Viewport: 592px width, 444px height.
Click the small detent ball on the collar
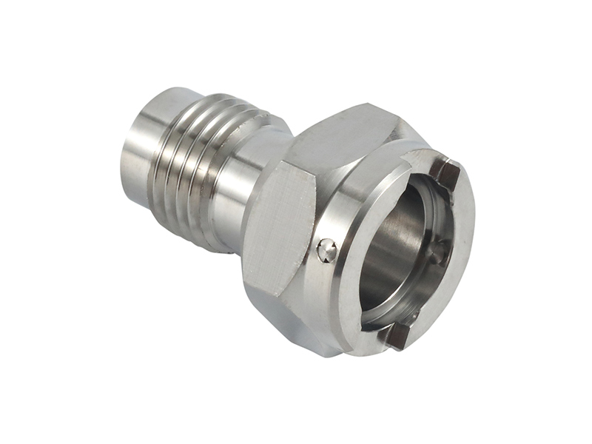click(x=326, y=251)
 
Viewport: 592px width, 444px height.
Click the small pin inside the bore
click(x=437, y=252)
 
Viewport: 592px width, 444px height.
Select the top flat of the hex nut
click(x=340, y=137)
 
